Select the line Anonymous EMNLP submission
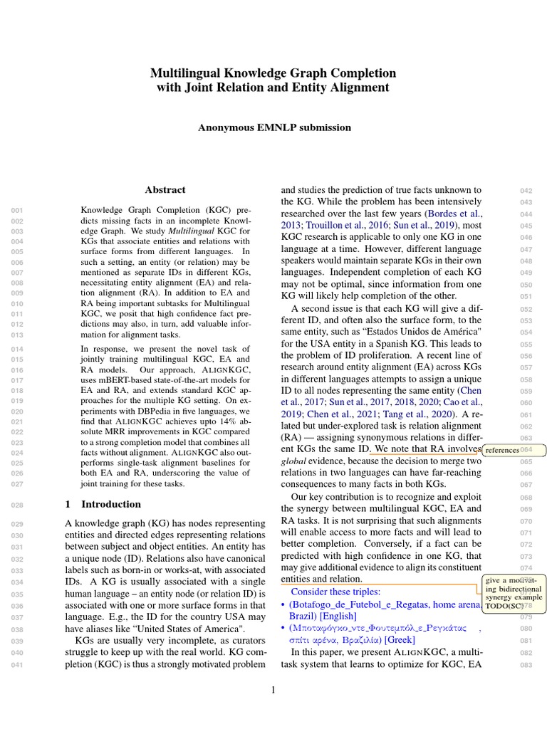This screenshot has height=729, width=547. click(273, 127)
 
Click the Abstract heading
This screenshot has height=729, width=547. click(165, 190)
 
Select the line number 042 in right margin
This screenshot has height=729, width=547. click(526, 191)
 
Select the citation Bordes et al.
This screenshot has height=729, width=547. click(454, 214)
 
